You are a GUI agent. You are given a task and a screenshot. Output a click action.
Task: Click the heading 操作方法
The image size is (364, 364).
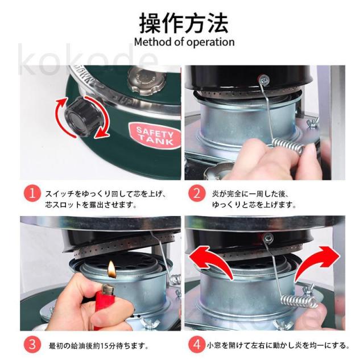coord(184,23)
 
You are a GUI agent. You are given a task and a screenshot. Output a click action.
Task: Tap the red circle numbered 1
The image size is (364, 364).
coord(32,193)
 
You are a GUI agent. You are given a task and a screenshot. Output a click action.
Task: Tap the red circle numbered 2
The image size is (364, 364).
coord(197,193)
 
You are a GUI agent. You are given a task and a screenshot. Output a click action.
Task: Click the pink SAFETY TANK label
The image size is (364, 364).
coord(155,136)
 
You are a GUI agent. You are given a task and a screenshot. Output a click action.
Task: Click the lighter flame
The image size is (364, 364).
coord(111,269)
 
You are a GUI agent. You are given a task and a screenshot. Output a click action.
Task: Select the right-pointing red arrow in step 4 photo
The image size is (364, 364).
coord(317,262)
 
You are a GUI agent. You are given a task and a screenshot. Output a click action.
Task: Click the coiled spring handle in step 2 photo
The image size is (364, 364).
coord(288,146)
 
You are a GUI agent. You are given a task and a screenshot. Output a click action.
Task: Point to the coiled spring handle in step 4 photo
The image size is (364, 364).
coord(300,302)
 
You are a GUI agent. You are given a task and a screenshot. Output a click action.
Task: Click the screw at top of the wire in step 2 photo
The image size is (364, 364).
coord(264,80)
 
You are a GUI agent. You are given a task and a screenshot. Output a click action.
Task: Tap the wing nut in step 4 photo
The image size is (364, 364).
coord(308,289)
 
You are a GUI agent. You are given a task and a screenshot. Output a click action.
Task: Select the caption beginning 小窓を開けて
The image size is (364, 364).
coord(278,345)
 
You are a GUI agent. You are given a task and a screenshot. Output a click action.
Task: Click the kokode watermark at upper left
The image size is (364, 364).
coord(88,60)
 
